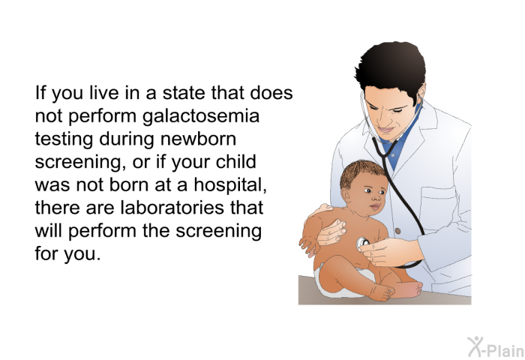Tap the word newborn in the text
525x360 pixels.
pos(198,139)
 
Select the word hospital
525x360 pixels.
pos(230,185)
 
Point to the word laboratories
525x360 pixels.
pos(172,208)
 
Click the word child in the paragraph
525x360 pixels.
pos(235,162)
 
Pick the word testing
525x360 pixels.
pos(64,139)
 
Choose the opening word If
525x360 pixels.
pos(40,92)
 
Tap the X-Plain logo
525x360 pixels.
pos(496,347)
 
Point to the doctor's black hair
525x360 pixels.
pos(390,67)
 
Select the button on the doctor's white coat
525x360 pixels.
pos(397,231)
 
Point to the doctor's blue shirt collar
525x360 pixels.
pos(400,141)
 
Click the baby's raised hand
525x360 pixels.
pos(309,244)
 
